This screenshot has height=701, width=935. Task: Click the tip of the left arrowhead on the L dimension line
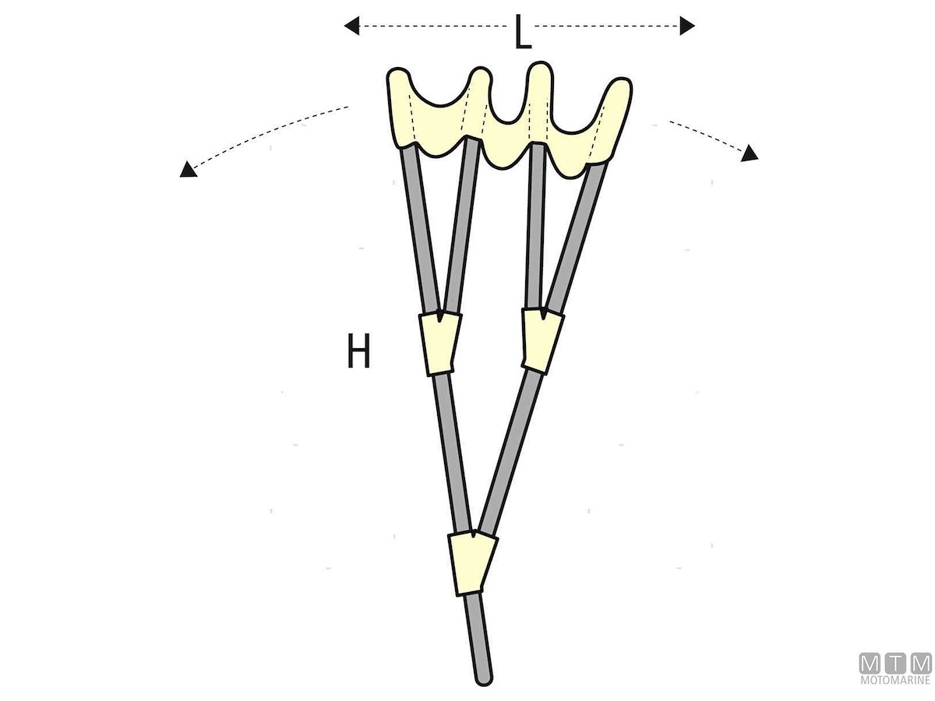coord(344,26)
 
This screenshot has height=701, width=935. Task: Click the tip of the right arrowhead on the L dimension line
coord(695,26)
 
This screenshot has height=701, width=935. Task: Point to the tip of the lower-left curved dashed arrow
coord(180,176)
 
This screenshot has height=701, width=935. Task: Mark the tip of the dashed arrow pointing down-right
coord(758,159)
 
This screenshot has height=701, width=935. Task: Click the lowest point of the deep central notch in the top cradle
coord(508,123)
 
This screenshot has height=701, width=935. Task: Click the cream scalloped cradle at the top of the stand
coord(509,122)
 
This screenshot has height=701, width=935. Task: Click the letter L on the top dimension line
coord(523,32)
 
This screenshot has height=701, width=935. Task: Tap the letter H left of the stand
coord(359,350)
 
